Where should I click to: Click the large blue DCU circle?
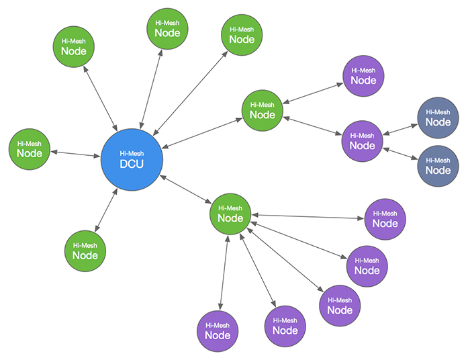(132, 160)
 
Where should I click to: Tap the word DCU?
(132, 164)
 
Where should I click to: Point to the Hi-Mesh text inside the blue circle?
(132, 154)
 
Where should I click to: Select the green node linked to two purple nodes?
(263, 110)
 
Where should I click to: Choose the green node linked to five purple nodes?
(230, 214)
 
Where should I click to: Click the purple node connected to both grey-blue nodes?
(362, 141)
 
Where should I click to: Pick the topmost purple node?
(363, 76)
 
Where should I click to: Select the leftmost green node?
(30, 149)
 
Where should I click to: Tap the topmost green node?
(167, 28)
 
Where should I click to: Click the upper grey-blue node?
(438, 118)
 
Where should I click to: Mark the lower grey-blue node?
(438, 166)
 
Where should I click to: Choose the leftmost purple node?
(218, 331)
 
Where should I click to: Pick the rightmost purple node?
(385, 219)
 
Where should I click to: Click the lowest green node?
(85, 251)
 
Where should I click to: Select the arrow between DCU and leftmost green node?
(75, 154)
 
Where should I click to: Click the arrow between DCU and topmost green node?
(151, 89)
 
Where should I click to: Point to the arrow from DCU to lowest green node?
(106, 210)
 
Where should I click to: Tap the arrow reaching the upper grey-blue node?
(400, 129)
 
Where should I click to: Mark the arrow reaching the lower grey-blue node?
(400, 154)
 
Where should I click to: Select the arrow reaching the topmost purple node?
(313, 93)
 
